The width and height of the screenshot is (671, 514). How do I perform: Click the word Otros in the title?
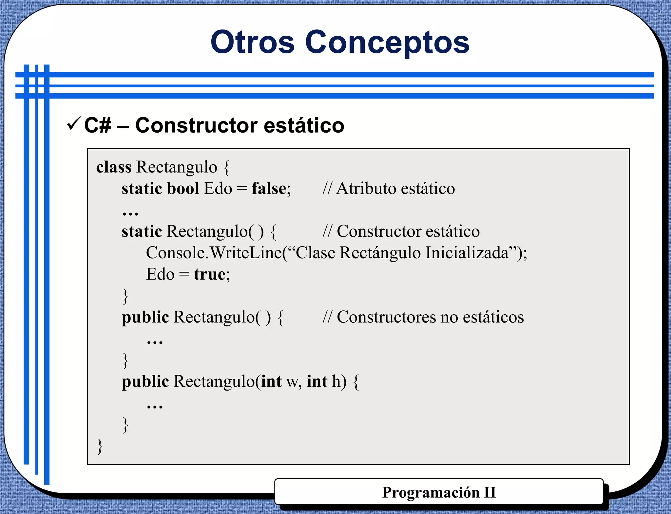click(x=253, y=42)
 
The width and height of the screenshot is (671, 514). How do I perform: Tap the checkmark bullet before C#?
click(x=74, y=123)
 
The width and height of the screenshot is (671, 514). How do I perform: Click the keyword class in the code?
click(x=113, y=167)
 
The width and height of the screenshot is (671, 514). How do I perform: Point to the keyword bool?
click(x=183, y=189)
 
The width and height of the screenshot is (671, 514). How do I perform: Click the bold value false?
click(x=269, y=189)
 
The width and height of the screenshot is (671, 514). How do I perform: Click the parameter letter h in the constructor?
click(x=336, y=381)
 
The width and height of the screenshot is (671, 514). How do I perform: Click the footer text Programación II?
click(x=439, y=492)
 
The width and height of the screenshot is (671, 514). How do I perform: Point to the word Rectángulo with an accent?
click(x=380, y=253)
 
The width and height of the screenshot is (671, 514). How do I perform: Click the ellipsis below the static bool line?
click(x=130, y=213)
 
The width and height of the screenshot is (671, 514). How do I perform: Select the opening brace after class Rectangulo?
click(x=227, y=168)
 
